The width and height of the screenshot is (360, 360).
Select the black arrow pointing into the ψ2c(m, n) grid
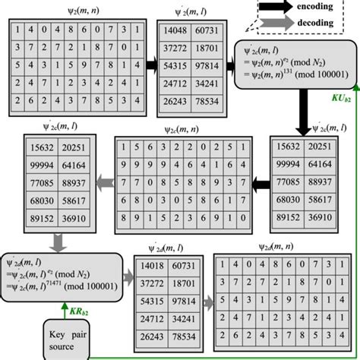coord(261,184)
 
